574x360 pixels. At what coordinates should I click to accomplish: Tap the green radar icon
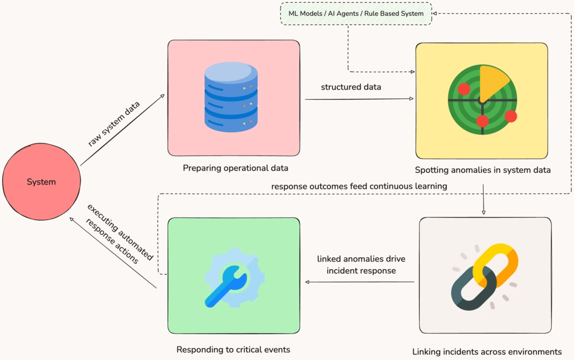(x=481, y=100)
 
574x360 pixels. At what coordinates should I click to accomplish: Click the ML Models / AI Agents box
(x=356, y=13)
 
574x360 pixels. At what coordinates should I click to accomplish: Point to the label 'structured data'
(x=351, y=87)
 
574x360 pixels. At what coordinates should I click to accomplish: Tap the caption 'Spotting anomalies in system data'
(x=483, y=170)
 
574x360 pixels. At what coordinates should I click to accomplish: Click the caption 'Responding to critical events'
(x=233, y=349)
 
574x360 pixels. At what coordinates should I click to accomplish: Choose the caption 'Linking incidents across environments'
(x=487, y=352)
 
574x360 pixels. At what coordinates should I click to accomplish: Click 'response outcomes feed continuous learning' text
(x=359, y=186)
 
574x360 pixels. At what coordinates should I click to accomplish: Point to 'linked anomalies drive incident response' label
(x=361, y=265)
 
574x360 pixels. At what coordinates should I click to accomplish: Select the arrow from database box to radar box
(x=359, y=99)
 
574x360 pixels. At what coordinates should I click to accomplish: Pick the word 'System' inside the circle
(x=41, y=182)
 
